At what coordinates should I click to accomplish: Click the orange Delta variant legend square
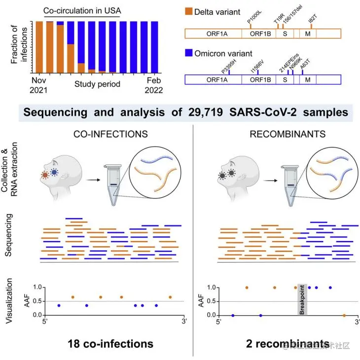coord(188,10)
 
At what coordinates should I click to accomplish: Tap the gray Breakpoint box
coord(302,300)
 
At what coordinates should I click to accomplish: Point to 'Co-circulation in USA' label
coord(81,10)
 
